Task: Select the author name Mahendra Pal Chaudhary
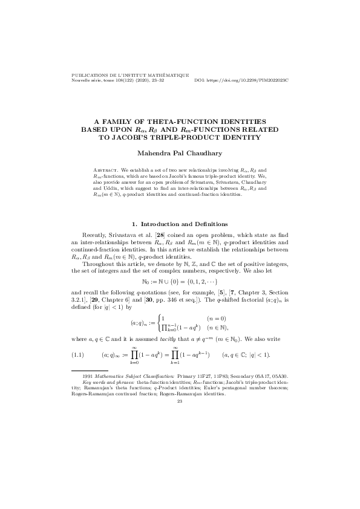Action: click(180, 154)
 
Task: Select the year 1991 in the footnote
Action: click(87, 376)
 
